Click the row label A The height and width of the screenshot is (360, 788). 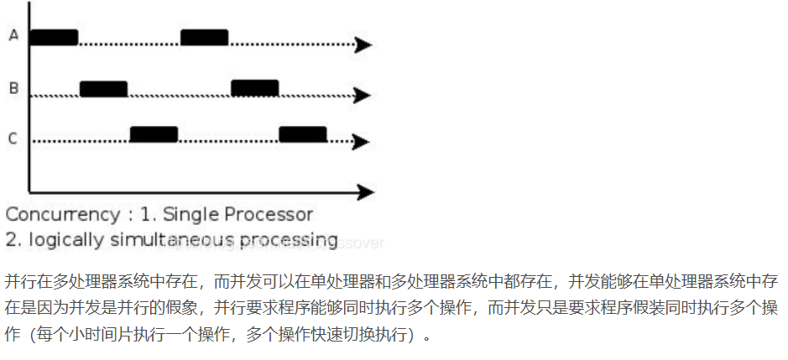point(13,35)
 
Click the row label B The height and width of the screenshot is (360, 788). point(13,86)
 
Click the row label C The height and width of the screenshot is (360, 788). point(13,138)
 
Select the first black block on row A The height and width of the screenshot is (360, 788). point(54,37)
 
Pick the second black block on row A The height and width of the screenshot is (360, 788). point(204,37)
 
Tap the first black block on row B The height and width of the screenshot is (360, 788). point(103,88)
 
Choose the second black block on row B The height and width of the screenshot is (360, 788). point(254,87)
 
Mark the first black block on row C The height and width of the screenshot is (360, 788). point(154,133)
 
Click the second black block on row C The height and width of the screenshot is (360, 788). point(302,133)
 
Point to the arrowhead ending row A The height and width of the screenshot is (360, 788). point(363,44)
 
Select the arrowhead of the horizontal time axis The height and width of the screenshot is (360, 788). point(364,192)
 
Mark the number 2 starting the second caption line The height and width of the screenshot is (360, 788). point(12,240)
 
